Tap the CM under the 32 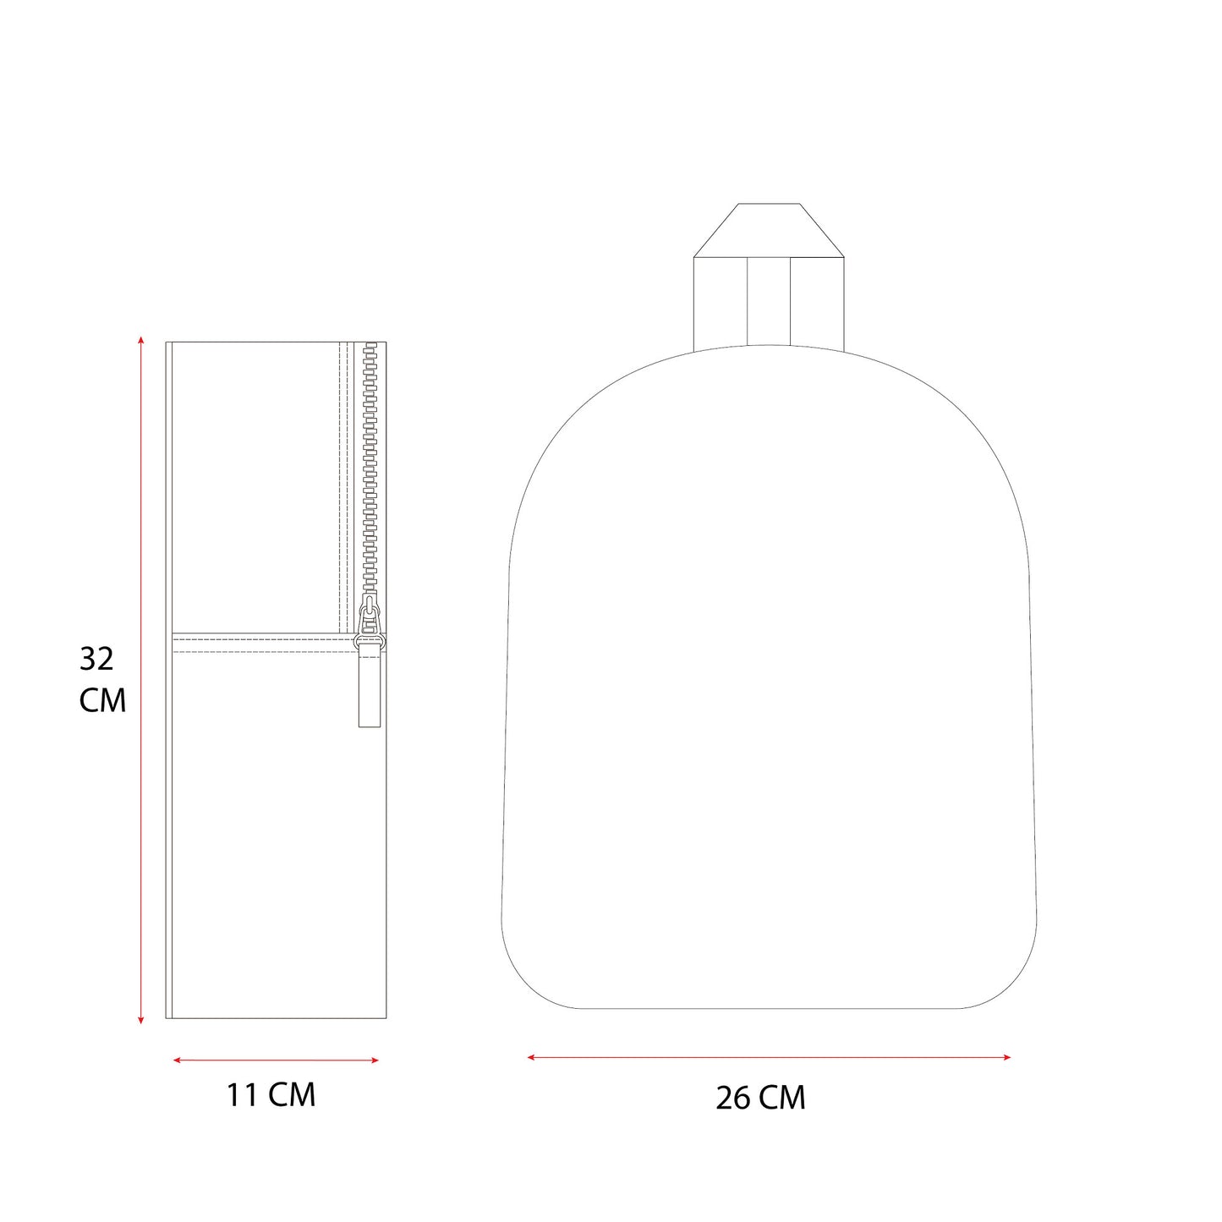(102, 701)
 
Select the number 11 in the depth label (242, 1095)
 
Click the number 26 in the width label (732, 1098)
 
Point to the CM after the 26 (782, 1098)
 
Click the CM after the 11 (292, 1095)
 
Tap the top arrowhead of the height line (140, 341)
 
